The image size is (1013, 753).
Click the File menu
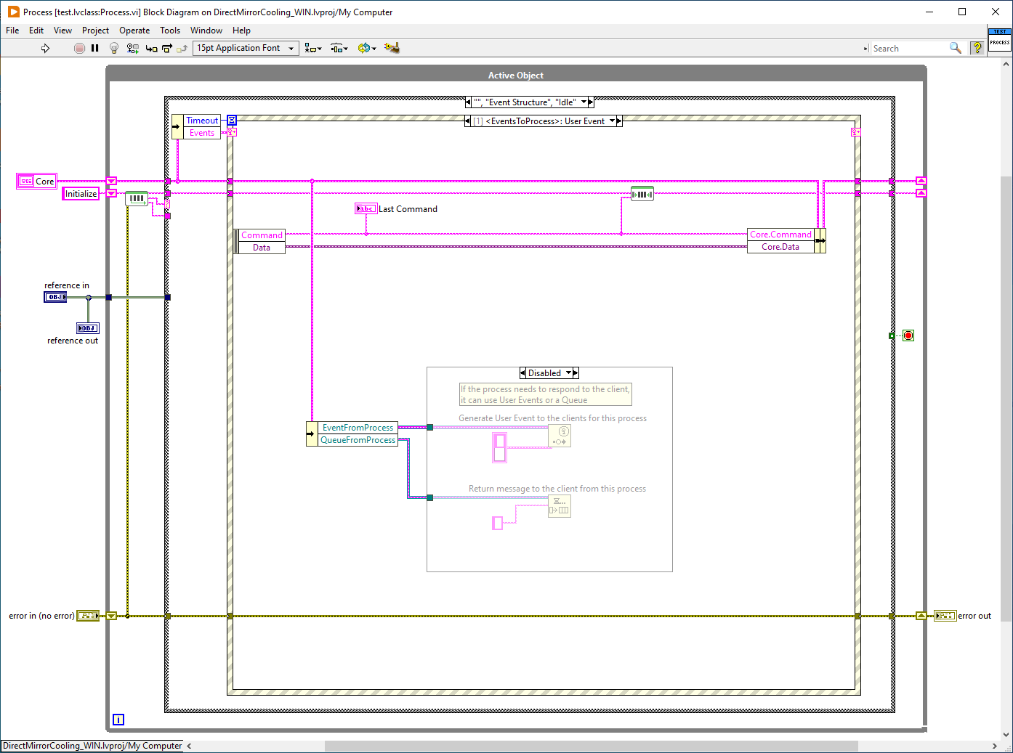(12, 30)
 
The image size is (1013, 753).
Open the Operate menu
(134, 30)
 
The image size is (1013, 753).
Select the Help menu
(241, 30)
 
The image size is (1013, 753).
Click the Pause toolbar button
(95, 48)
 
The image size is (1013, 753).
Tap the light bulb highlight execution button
(113, 48)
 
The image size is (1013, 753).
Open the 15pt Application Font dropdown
(246, 48)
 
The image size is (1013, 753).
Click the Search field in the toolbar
(908, 48)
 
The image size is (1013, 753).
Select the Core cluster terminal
(36, 182)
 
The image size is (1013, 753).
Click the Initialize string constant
(81, 194)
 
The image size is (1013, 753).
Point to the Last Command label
(408, 209)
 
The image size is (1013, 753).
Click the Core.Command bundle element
(780, 235)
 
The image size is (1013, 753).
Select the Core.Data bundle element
(780, 247)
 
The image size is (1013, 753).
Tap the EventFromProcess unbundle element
(358, 428)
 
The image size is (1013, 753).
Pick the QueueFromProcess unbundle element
(358, 440)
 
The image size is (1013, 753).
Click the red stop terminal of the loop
(908, 335)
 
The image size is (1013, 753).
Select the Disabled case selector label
(544, 373)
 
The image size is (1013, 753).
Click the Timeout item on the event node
(202, 121)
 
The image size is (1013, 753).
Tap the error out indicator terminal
(945, 616)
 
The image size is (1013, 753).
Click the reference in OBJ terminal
(55, 297)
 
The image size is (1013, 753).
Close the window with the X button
(996, 12)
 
